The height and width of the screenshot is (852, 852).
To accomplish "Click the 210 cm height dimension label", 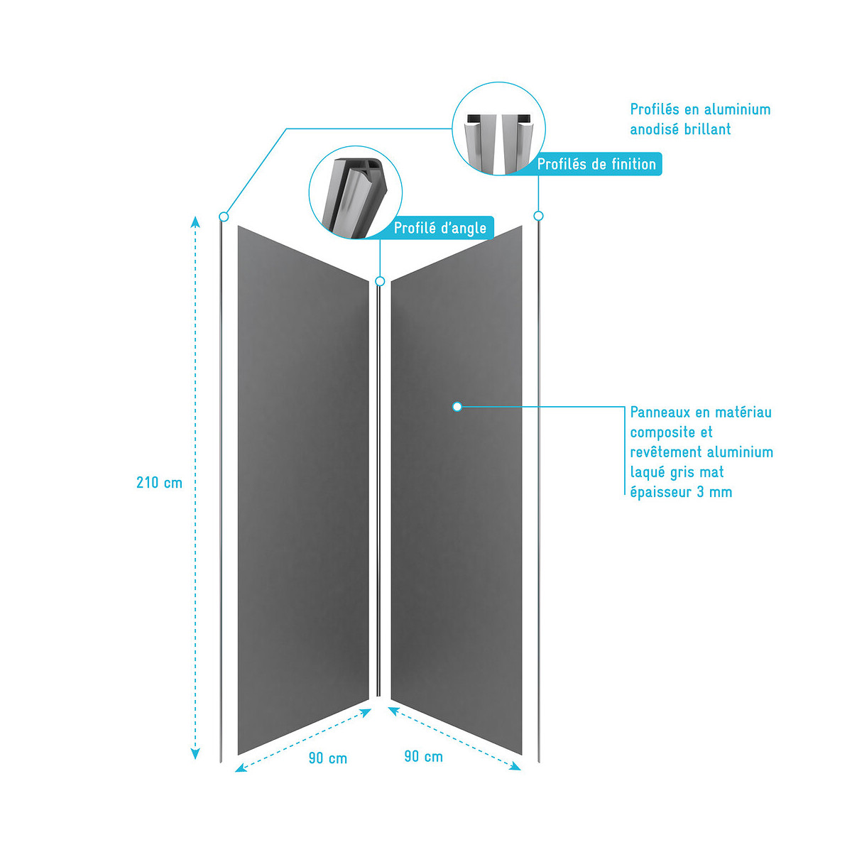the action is coord(159,483).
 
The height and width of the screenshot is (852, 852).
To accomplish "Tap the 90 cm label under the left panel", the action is coord(327,759).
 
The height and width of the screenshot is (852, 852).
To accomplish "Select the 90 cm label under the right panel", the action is coord(424,757).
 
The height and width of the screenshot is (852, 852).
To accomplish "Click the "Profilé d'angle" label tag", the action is coord(439,228).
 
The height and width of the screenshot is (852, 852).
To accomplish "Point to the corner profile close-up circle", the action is coord(356,192).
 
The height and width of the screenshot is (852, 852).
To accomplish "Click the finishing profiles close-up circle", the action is coord(498,129).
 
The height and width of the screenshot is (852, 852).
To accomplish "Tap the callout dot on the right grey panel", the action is coord(457,407).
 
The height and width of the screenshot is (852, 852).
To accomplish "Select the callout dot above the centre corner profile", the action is coord(380,281).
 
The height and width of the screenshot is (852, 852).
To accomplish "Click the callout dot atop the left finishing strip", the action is coord(224,217).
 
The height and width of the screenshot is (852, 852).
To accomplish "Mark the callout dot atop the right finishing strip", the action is coord(538,216).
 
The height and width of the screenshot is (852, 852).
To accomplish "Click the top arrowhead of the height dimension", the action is coord(195,222).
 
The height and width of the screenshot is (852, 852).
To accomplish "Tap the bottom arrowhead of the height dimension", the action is coord(195,754).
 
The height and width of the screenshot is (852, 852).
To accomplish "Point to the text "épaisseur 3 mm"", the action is coord(681,492).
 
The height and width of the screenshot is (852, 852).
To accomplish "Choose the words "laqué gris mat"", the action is coord(677,472).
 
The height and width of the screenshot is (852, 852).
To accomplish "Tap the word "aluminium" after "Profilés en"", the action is coord(737,109).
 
